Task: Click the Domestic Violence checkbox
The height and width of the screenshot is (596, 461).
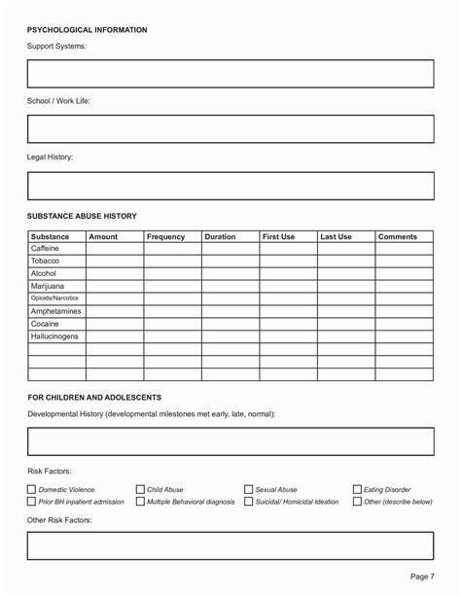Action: pyautogui.click(x=31, y=489)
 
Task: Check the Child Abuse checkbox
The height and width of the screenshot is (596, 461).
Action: pyautogui.click(x=140, y=489)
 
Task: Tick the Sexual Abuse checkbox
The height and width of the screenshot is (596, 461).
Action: pyautogui.click(x=249, y=489)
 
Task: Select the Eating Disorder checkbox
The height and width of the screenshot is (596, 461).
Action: pyautogui.click(x=357, y=489)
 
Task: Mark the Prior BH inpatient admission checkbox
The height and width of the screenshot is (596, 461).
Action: pyautogui.click(x=31, y=502)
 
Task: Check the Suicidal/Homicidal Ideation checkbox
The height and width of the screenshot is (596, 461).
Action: pyautogui.click(x=249, y=502)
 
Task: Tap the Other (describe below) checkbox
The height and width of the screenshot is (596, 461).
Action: pyautogui.click(x=357, y=502)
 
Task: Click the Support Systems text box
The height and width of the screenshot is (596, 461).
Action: pyautogui.click(x=230, y=74)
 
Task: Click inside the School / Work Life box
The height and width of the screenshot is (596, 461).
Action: pyautogui.click(x=230, y=129)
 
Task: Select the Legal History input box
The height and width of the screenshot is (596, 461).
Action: pyautogui.click(x=230, y=185)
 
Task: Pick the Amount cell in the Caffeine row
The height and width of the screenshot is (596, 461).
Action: pyautogui.click(x=115, y=249)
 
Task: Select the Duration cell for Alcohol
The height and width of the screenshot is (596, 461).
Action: pyautogui.click(x=230, y=274)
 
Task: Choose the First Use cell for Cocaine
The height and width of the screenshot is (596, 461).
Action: pyautogui.click(x=288, y=324)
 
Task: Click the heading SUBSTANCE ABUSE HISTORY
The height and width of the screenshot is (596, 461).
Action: pyautogui.click(x=82, y=215)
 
